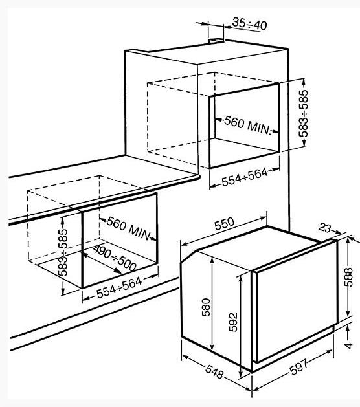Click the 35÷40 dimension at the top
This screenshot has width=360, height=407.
coord(249,24)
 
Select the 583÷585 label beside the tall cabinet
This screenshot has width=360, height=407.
coord(303,113)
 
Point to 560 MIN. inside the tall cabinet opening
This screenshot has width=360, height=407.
coord(248,126)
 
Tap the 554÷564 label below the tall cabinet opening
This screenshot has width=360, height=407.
coord(245,177)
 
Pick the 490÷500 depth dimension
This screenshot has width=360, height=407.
coord(115,258)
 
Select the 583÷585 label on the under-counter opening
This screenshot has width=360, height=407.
coord(63,252)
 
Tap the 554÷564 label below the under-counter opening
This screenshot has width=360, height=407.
coord(119,287)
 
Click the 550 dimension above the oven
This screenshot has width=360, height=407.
coord(225,224)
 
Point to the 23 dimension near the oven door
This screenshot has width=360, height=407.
coord(325,228)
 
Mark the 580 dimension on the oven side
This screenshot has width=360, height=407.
coord(206,307)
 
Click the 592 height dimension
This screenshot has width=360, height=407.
coord(233,322)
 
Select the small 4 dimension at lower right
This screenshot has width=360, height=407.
coord(348,345)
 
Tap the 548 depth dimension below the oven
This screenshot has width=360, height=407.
coord(214,371)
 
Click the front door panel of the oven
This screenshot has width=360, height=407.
coord(295,302)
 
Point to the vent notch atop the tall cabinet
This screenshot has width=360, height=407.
coord(216,40)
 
